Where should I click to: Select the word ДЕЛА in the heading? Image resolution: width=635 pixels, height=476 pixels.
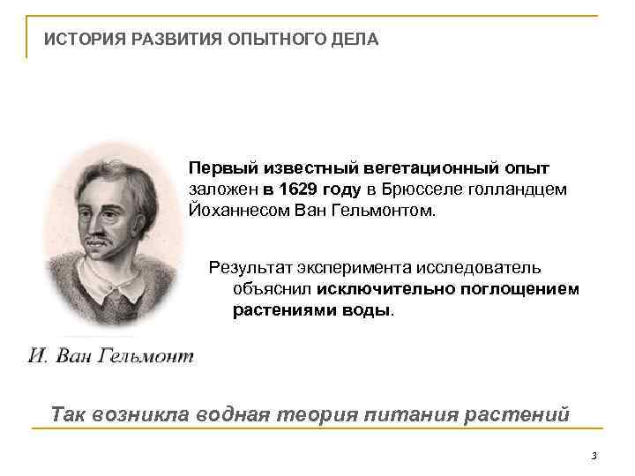pyautogui.click(x=355, y=40)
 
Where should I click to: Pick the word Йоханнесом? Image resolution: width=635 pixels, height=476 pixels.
pyautogui.click(x=234, y=212)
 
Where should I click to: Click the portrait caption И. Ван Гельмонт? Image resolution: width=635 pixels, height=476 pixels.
pyautogui.click(x=111, y=356)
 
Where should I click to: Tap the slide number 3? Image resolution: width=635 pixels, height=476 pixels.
pyautogui.click(x=594, y=456)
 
